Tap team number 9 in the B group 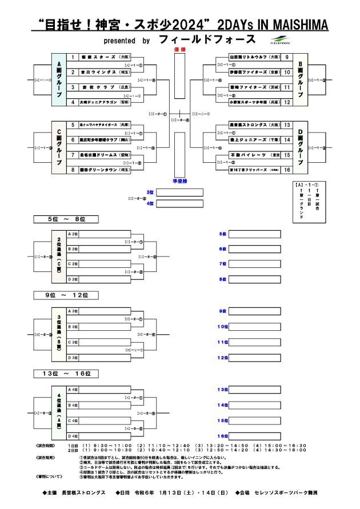pyautogui.click(x=286, y=57)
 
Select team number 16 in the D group pyautogui.click(x=286, y=170)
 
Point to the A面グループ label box pyautogui.click(x=57, y=79)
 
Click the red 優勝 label pyautogui.click(x=179, y=50)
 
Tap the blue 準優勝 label pyautogui.click(x=179, y=181)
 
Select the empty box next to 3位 pyautogui.click(x=179, y=192)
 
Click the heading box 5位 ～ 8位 pyautogui.click(x=66, y=219)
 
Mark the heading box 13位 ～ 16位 pyautogui.click(x=66, y=374)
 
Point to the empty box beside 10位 pyautogui.click(x=255, y=326)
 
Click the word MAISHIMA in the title pyautogui.click(x=300, y=25)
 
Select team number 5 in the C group pyautogui.click(x=73, y=125)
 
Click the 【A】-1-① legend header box pyautogui.click(x=309, y=185)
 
